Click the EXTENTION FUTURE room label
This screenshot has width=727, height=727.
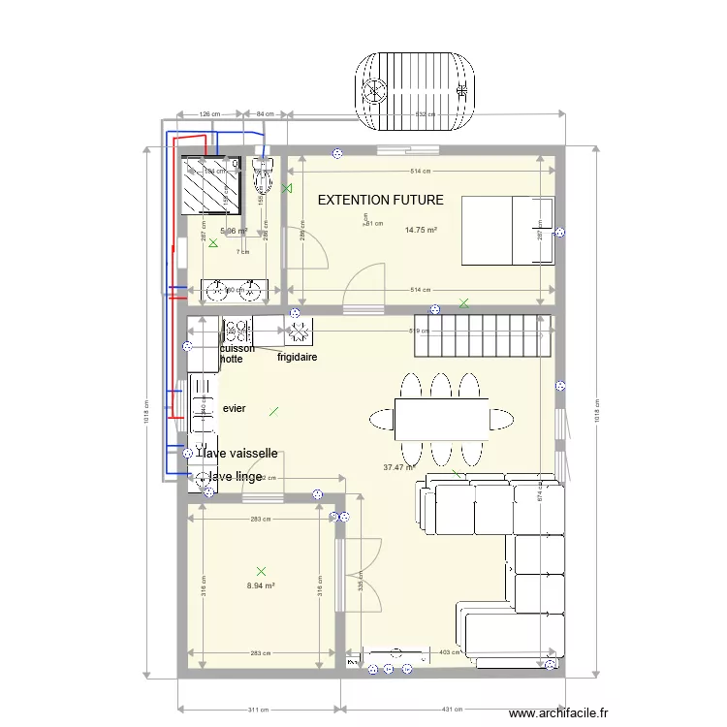pyautogui.click(x=380, y=201)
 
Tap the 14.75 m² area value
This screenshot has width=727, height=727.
pyautogui.click(x=421, y=231)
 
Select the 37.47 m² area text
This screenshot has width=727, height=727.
pyautogui.click(x=398, y=467)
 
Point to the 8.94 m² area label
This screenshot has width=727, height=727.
pyautogui.click(x=260, y=586)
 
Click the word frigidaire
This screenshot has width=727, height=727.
pyautogui.click(x=297, y=357)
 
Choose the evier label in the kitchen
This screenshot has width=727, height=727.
pyautogui.click(x=234, y=409)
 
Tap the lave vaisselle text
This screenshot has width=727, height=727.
pyautogui.click(x=237, y=453)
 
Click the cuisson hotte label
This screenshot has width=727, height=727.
pyautogui.click(x=237, y=353)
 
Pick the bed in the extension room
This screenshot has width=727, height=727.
pyautogui.click(x=507, y=230)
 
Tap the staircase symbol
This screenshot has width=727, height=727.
pyautogui.click(x=482, y=335)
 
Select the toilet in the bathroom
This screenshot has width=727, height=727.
pyautogui.click(x=263, y=175)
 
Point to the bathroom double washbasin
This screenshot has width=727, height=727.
pyautogui.click(x=234, y=289)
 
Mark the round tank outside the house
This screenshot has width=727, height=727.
pyautogui.click(x=416, y=91)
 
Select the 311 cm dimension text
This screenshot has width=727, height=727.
pyautogui.click(x=257, y=709)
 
